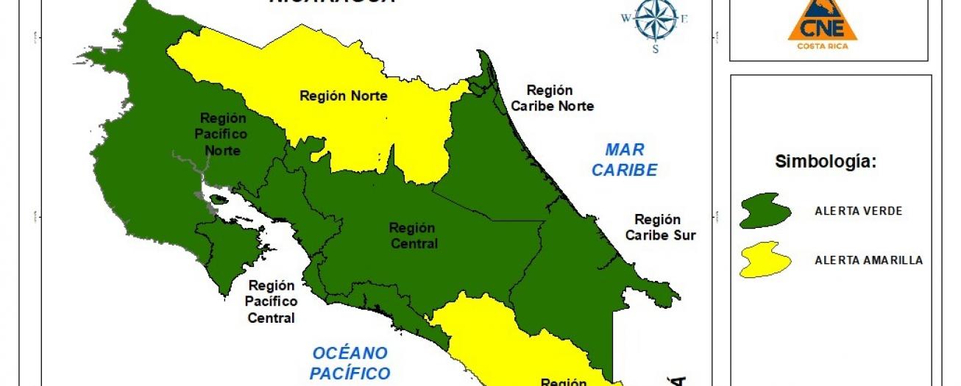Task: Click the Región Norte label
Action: (344, 96)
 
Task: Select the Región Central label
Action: (412, 236)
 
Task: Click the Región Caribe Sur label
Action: (659, 227)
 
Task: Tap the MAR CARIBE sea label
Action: (625, 160)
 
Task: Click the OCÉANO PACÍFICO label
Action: (349, 362)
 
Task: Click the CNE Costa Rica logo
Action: (822, 26)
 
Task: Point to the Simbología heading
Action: (826, 162)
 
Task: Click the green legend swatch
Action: (765, 211)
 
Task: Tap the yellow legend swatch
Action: (765, 260)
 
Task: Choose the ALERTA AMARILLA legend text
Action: (868, 260)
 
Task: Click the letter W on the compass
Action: (626, 18)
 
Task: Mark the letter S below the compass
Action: (655, 49)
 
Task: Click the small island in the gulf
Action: (219, 199)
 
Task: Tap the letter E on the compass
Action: (684, 19)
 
